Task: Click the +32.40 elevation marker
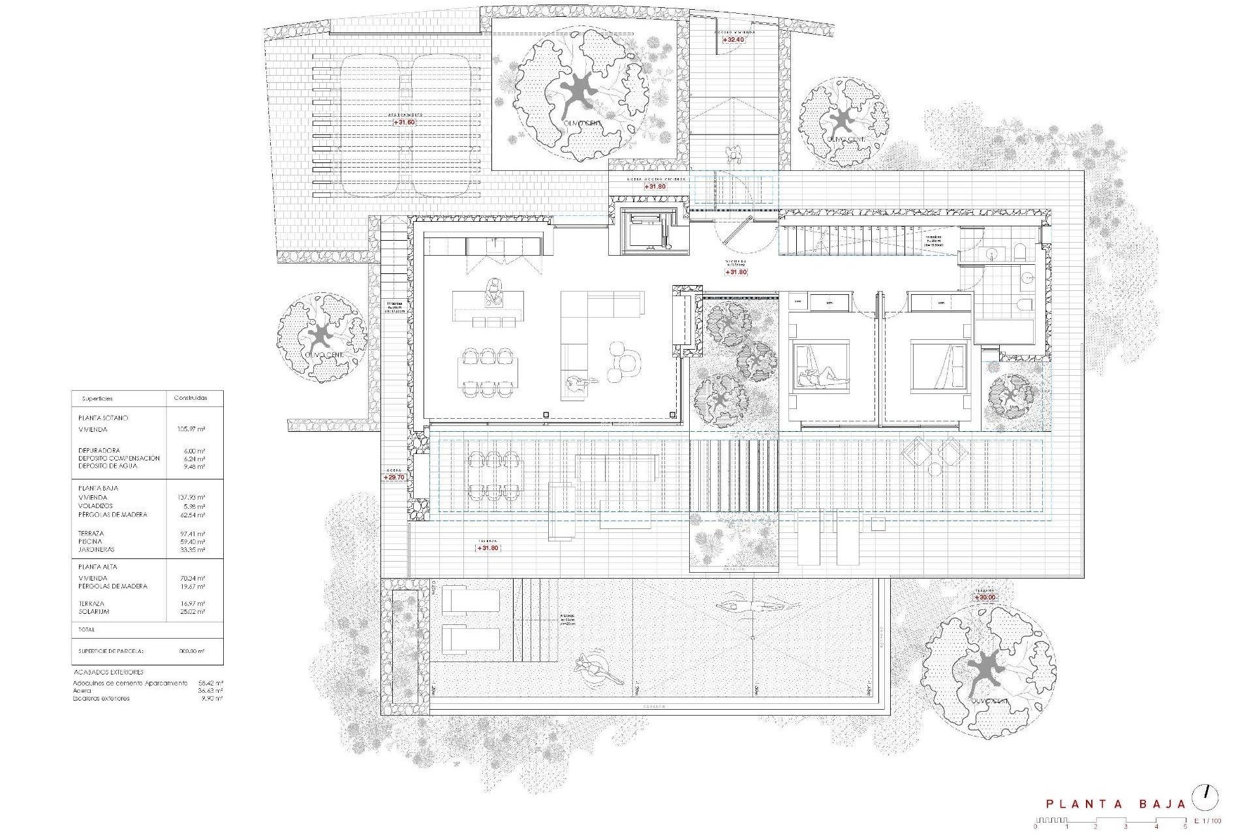[734, 40]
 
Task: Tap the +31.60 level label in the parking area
[404, 122]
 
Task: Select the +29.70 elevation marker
[395, 478]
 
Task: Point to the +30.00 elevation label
[985, 598]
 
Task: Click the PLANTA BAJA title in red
[1115, 804]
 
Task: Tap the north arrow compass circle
[1205, 798]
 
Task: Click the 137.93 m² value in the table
[191, 498]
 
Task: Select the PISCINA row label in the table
[90, 541]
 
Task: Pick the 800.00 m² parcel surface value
[191, 651]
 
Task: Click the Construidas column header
[190, 398]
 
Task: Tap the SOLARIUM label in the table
[94, 612]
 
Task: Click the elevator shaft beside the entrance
[649, 231]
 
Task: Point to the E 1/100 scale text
[1207, 821]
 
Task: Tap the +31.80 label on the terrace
[487, 548]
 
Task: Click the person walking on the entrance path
[735, 155]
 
